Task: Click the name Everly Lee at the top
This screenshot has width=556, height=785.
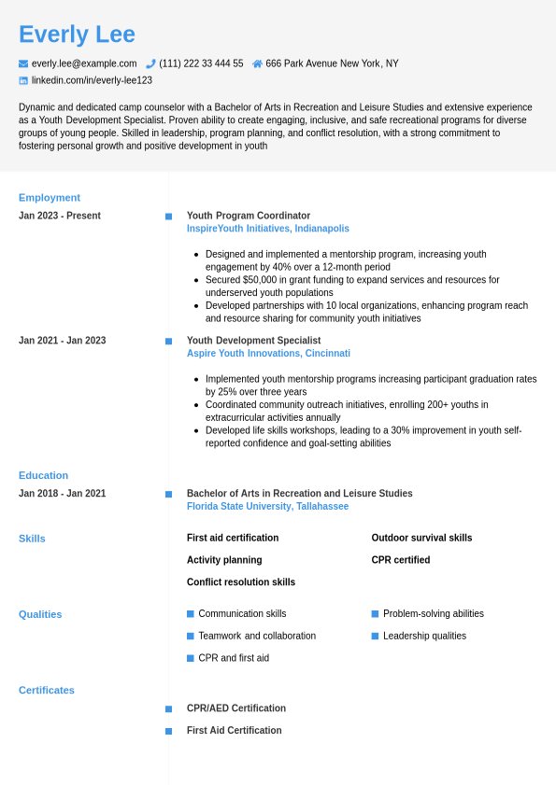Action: coord(77,35)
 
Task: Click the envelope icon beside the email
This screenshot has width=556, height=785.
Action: coord(23,63)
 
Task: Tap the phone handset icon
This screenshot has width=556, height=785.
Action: coord(150,63)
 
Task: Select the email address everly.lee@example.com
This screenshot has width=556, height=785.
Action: coord(84,63)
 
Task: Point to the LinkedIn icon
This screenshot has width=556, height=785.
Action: coord(23,80)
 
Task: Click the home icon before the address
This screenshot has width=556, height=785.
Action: coord(257,63)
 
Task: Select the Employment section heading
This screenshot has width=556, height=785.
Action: coord(50,198)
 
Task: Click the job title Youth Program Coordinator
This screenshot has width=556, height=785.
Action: coord(249,216)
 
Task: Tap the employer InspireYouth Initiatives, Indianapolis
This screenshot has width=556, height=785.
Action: coord(268,229)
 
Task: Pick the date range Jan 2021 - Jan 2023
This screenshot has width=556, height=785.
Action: coord(63,341)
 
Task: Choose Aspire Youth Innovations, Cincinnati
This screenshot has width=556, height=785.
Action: coord(268,354)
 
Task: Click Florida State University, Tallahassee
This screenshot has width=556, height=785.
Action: coord(267,507)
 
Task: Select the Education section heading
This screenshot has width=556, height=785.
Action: coord(43,476)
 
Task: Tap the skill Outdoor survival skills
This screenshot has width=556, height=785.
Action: coord(421,538)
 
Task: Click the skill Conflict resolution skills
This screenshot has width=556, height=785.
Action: coord(241,582)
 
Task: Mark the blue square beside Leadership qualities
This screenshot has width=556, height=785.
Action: coord(375,636)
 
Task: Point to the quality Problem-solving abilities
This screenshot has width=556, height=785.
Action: coord(434,614)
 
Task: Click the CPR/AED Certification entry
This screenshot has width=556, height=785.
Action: coord(236,708)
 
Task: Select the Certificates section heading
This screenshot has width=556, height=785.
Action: coord(47,691)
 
